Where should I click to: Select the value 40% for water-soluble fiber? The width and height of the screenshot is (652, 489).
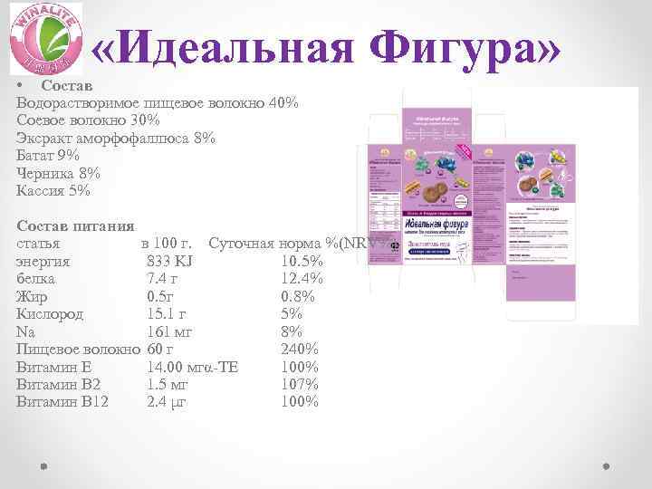pos(283,103)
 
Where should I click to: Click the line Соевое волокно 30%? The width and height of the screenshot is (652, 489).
pos(88,120)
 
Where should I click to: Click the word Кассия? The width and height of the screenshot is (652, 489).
pos(41,191)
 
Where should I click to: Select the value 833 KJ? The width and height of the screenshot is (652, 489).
pos(168,262)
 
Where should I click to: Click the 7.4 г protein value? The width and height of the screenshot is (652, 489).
pos(163,279)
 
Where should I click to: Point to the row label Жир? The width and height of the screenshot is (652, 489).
pos(32,297)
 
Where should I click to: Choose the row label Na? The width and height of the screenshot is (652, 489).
pos(26,331)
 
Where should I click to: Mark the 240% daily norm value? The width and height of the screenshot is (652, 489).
pos(299,350)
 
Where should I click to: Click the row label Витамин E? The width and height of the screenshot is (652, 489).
pos(53,367)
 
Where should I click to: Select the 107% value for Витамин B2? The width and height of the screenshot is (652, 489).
pos(299,384)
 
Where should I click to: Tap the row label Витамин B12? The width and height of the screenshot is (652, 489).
pos(62,401)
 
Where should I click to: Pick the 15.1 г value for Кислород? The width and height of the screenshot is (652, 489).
pos(167,314)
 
